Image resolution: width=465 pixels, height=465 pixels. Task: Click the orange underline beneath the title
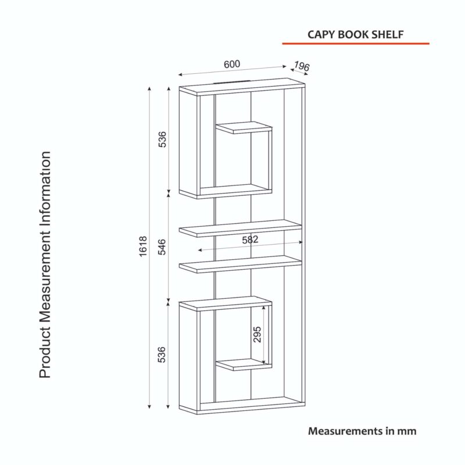click(356, 44)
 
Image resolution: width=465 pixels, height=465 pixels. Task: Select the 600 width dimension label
click(232, 64)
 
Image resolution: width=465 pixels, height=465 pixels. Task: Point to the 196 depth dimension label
click(302, 66)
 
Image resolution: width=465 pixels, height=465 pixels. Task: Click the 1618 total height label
click(143, 246)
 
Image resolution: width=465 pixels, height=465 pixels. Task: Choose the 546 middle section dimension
click(162, 246)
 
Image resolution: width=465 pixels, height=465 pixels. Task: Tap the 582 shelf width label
click(250, 239)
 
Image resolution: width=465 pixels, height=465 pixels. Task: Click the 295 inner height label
click(257, 334)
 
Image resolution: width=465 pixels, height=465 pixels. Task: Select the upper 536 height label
click(162, 139)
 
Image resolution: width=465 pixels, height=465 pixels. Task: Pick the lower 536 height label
click(162, 355)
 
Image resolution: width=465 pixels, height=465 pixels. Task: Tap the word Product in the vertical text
click(45, 353)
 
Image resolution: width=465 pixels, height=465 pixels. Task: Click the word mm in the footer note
click(407, 431)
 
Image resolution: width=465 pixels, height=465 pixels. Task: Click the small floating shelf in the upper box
click(244, 127)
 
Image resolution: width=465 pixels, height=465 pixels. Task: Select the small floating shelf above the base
click(244, 364)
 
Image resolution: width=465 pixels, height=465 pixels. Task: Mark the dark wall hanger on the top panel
click(231, 82)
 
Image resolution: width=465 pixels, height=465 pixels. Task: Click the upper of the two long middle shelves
click(241, 228)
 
